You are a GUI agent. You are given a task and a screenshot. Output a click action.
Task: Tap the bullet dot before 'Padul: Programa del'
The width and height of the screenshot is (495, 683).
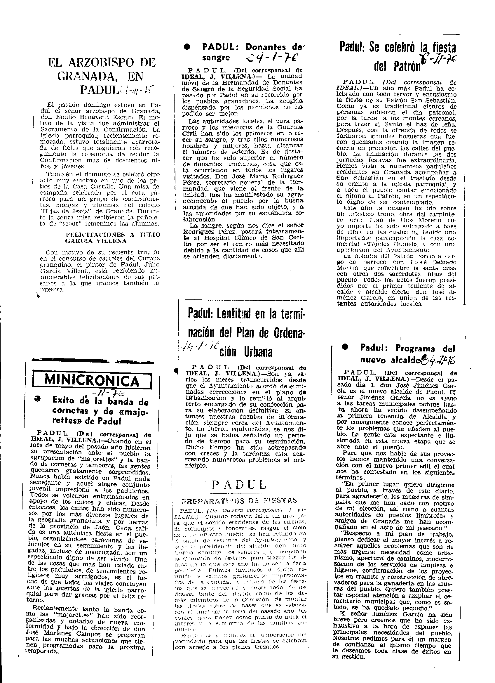point(345,347)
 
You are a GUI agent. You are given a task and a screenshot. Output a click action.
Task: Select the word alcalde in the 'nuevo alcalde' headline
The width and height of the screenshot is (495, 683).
point(406,360)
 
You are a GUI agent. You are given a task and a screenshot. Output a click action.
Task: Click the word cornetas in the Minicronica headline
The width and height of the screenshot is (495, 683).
point(69,411)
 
